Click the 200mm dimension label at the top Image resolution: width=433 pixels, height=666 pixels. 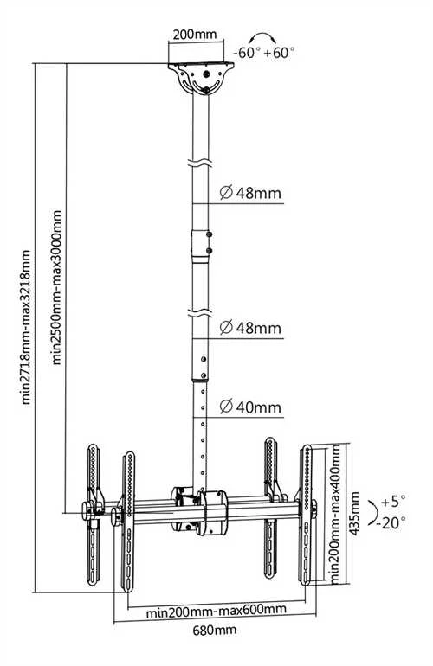coord(195,35)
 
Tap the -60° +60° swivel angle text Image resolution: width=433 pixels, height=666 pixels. coord(264,53)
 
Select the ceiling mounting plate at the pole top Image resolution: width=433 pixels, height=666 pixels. coord(201,79)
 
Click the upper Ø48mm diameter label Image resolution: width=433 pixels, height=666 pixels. coord(250,193)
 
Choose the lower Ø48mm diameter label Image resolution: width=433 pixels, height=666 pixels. coord(250,328)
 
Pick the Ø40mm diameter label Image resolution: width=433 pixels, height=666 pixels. coord(250,407)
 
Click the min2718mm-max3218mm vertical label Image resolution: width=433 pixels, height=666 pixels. coord(26,327)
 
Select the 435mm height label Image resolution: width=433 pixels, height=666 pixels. coord(355,513)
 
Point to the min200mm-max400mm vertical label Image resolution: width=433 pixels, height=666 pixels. coord(336,514)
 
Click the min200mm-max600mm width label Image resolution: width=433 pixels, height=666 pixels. coord(216,611)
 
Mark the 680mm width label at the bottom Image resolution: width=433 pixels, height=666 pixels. coord(215,630)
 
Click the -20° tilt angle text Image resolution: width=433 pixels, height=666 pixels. coord(390,522)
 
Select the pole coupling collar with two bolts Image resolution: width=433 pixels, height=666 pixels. coord(202,243)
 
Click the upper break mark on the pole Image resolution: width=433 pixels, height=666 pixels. coord(199,163)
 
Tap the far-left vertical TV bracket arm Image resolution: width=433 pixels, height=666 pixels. coord(94,514)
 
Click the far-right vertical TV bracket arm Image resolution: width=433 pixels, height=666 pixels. coord(307,515)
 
